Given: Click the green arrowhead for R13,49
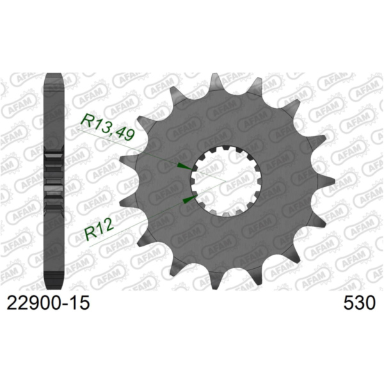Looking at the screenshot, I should [x=183, y=166].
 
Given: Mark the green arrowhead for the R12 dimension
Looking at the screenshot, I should [x=188, y=200].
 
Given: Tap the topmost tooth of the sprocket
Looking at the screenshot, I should [x=216, y=81].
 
